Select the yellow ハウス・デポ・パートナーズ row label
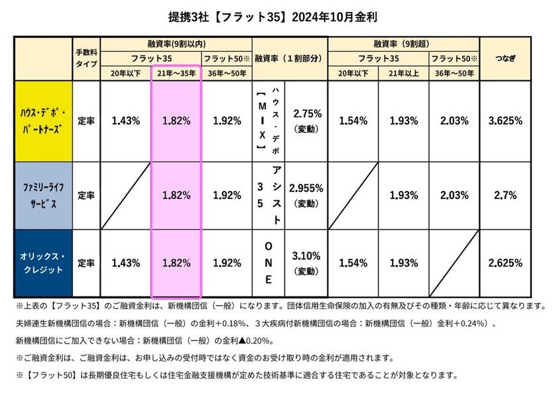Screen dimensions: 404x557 click(44, 121)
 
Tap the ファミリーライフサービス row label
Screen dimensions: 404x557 click(44, 196)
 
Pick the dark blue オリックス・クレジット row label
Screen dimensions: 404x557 click(44, 262)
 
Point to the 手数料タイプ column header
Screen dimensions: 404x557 click(86, 58)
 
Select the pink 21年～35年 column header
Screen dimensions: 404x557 click(176, 73)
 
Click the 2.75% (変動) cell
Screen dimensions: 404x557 click(306, 121)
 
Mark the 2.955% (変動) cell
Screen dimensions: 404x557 click(306, 195)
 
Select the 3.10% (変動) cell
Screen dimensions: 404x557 click(306, 262)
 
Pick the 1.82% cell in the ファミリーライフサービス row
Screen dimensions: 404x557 click(176, 196)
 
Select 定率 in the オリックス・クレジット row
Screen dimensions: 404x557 click(86, 263)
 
